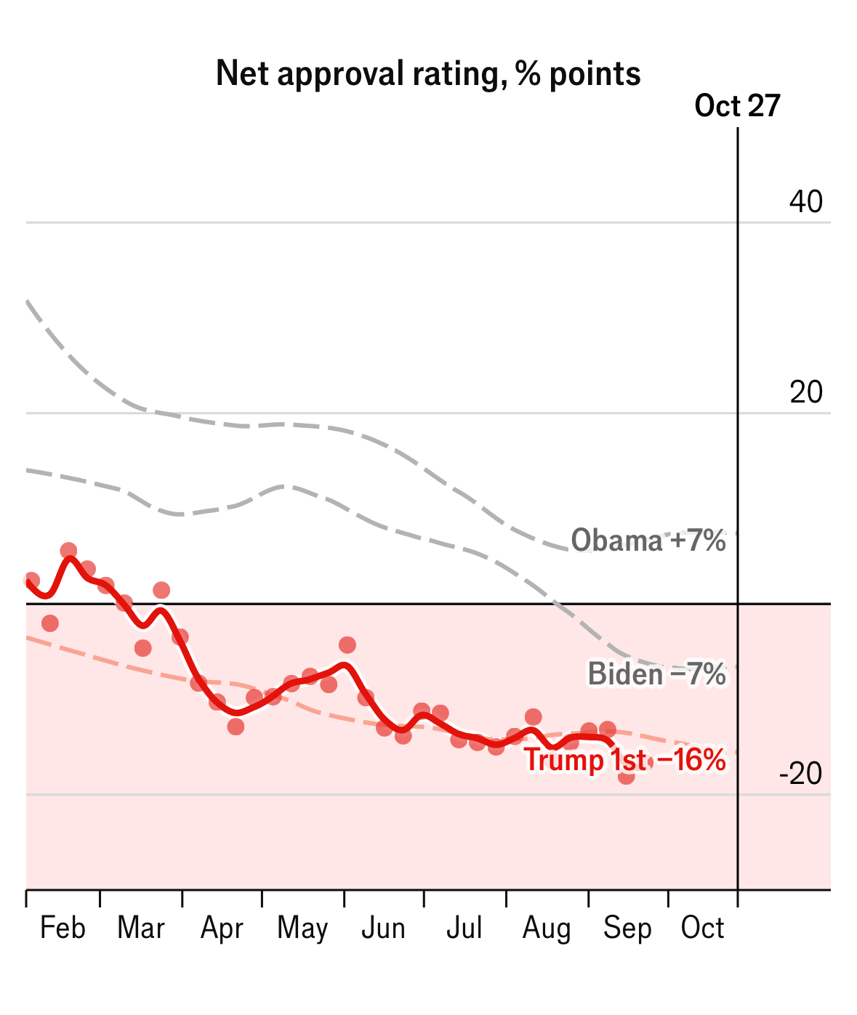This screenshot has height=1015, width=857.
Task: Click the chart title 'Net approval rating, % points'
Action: [428, 74]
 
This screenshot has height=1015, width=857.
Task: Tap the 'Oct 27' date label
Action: [737, 106]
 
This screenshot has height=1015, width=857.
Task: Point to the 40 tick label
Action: [806, 202]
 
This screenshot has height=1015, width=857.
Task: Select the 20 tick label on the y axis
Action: [806, 392]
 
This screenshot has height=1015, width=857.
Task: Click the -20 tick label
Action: [801, 775]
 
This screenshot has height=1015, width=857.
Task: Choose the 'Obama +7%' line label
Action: [648, 541]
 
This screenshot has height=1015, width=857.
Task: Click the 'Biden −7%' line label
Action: [657, 674]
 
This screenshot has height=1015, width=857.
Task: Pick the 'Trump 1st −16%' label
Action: [625, 761]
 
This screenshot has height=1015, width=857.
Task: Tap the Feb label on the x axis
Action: [63, 929]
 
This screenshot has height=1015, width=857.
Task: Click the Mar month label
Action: [141, 929]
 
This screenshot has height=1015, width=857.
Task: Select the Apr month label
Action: [222, 929]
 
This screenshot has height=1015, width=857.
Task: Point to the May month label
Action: [302, 929]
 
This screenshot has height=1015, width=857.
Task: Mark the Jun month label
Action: [383, 929]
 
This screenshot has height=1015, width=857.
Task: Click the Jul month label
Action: [464, 929]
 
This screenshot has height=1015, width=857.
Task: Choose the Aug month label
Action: [547, 929]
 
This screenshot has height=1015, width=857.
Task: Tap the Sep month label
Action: [627, 929]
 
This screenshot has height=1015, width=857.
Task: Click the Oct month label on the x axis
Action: [703, 929]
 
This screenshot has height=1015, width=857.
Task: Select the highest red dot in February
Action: [68, 551]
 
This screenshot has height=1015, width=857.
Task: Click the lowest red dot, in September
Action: [627, 777]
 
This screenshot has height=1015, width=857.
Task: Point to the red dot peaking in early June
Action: [347, 645]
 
